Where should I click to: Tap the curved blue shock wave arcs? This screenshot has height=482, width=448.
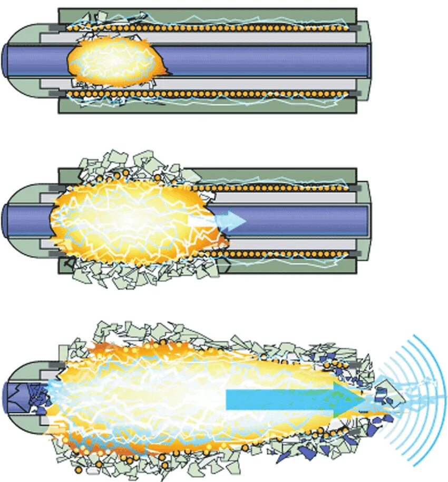[x=416, y=400]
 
